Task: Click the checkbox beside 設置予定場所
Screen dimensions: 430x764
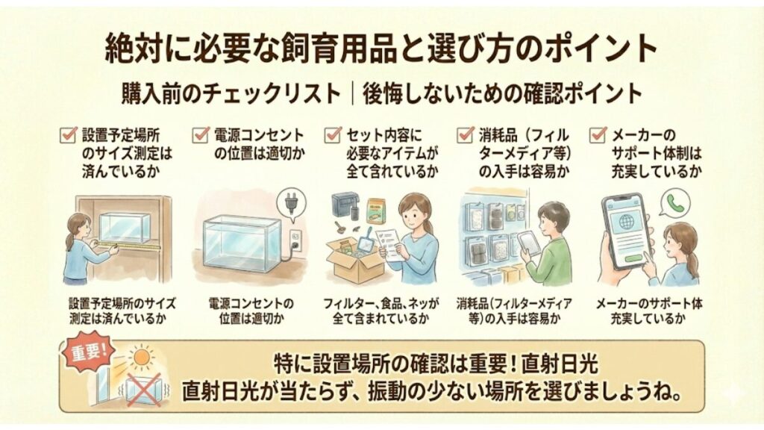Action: (69, 135)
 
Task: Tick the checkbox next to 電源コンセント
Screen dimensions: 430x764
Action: (200, 135)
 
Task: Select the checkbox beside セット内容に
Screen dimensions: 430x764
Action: (332, 135)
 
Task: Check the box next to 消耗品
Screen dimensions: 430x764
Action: (465, 135)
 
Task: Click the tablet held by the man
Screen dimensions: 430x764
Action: (528, 242)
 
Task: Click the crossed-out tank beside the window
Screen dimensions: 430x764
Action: (142, 389)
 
